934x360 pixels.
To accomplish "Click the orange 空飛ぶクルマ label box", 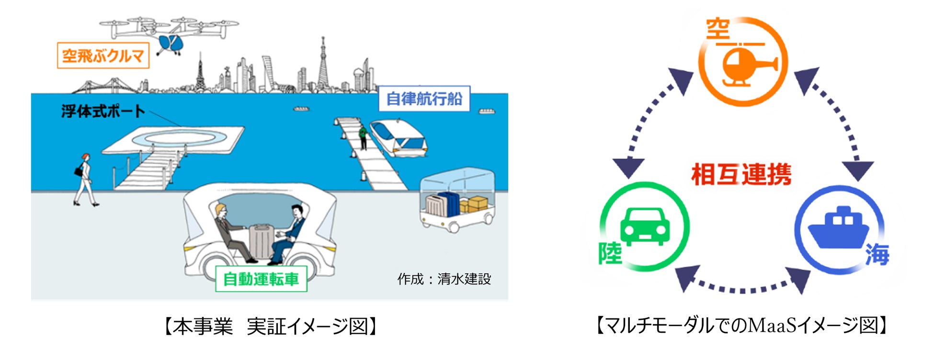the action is click(x=103, y=56).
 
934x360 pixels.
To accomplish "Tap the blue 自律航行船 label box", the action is click(x=424, y=99).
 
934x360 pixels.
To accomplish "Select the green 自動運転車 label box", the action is click(x=261, y=279).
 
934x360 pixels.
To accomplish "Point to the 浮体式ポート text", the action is click(x=103, y=111).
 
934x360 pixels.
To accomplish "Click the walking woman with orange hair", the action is click(x=85, y=180).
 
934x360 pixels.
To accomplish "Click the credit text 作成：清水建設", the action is click(x=444, y=279).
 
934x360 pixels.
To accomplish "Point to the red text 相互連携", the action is click(x=741, y=174).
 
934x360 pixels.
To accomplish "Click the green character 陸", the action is click(x=610, y=253).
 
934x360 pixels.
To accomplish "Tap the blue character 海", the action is click(x=877, y=254).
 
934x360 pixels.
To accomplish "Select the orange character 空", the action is click(x=718, y=30).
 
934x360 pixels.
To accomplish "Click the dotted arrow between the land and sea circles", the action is click(x=742, y=287).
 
